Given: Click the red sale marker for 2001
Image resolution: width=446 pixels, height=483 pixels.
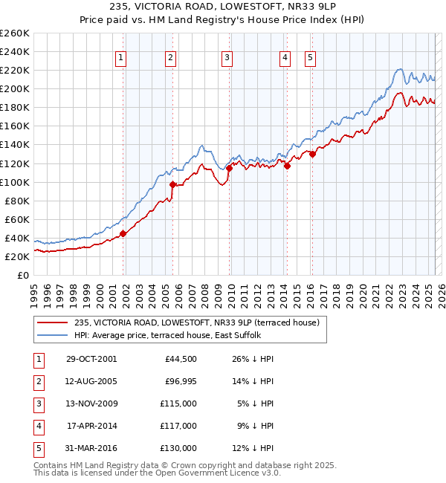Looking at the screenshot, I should click(123, 233).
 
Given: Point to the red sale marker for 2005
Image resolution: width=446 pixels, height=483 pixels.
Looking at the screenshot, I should click(172, 184).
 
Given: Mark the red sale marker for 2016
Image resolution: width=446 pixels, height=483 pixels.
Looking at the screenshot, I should click(312, 154).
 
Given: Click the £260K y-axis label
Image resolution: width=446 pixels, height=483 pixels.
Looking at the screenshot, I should click(14, 33).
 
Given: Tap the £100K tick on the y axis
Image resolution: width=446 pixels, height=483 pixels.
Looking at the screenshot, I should click(14, 182).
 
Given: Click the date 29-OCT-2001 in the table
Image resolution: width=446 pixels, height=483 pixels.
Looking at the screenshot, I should click(91, 359).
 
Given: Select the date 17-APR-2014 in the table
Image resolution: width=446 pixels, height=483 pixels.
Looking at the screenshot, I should click(91, 426).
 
